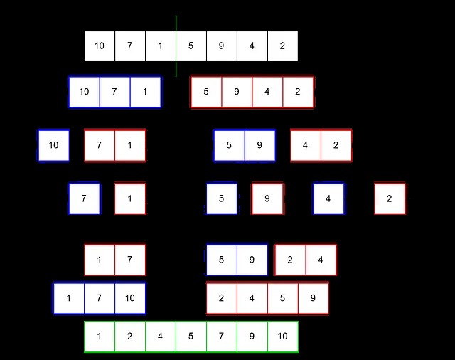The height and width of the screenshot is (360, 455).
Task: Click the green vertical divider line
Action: pos(176,46)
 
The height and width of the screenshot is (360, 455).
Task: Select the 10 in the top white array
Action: pos(100,46)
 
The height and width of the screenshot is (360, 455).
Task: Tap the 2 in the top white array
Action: pos(282,46)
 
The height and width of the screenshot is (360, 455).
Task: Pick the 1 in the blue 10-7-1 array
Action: pos(145,92)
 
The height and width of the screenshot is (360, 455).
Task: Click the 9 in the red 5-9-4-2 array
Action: pos(237,92)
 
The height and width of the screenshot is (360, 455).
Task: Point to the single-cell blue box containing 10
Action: pos(53,145)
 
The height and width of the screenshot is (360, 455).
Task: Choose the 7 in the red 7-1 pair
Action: pos(100,145)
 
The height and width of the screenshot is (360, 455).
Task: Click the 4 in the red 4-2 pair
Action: pos(305,145)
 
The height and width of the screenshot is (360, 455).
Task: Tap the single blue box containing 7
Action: pos(84,198)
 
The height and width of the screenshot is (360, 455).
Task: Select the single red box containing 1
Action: pos(130,198)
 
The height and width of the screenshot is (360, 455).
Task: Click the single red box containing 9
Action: pos(267,198)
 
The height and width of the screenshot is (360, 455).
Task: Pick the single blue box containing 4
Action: pos(328,198)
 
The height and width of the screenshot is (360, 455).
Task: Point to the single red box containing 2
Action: pos(390,198)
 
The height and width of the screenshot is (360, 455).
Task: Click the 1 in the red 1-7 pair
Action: pos(100,260)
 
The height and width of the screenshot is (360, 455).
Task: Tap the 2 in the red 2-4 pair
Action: pos(290,260)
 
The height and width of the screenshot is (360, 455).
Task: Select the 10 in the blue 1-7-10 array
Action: pos(129,298)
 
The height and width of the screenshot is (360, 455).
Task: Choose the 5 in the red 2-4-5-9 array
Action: pos(282,298)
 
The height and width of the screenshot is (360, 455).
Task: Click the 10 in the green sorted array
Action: pos(282,337)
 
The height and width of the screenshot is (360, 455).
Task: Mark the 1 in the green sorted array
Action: pos(100,337)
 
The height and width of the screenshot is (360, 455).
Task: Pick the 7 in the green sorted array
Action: pos(221,337)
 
